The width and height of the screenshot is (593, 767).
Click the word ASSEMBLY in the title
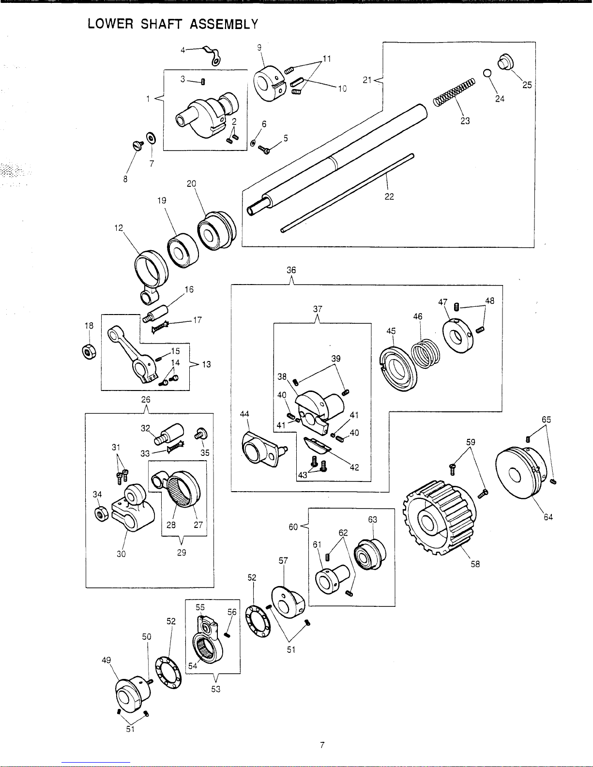coord(224,24)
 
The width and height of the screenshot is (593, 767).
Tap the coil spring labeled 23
coord(454,92)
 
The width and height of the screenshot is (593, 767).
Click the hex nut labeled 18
coord(89,352)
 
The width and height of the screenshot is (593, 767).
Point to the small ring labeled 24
coord(487,73)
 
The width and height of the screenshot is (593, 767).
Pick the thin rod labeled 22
coord(347,193)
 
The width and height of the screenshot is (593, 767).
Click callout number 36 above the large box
coord(291,270)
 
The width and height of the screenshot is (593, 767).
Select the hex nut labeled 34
coord(102,513)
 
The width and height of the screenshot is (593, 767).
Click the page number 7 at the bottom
coord(322,745)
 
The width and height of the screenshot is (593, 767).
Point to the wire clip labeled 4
coord(212,57)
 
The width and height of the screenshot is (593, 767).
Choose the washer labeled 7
coord(151,138)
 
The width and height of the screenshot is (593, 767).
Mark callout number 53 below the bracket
coord(216,689)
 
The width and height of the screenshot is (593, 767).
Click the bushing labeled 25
coord(505,62)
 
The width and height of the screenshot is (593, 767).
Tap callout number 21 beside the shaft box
coord(367,80)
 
